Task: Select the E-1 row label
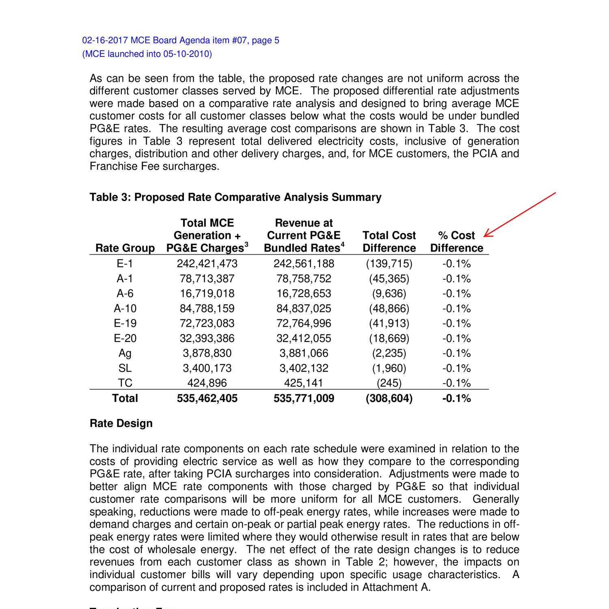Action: [x=125, y=264]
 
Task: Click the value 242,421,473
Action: [x=207, y=264]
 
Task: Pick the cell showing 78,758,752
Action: [x=304, y=279]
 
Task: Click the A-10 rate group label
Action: [x=125, y=309]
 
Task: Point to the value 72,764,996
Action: [x=304, y=324]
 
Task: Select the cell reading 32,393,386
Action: [x=207, y=339]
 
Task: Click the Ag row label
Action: [x=125, y=353]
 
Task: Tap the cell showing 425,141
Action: [x=304, y=383]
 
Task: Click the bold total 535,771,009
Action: [x=304, y=398]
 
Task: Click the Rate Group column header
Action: [x=125, y=248]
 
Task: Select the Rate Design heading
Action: [x=121, y=423]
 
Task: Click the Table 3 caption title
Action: [x=235, y=197]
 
